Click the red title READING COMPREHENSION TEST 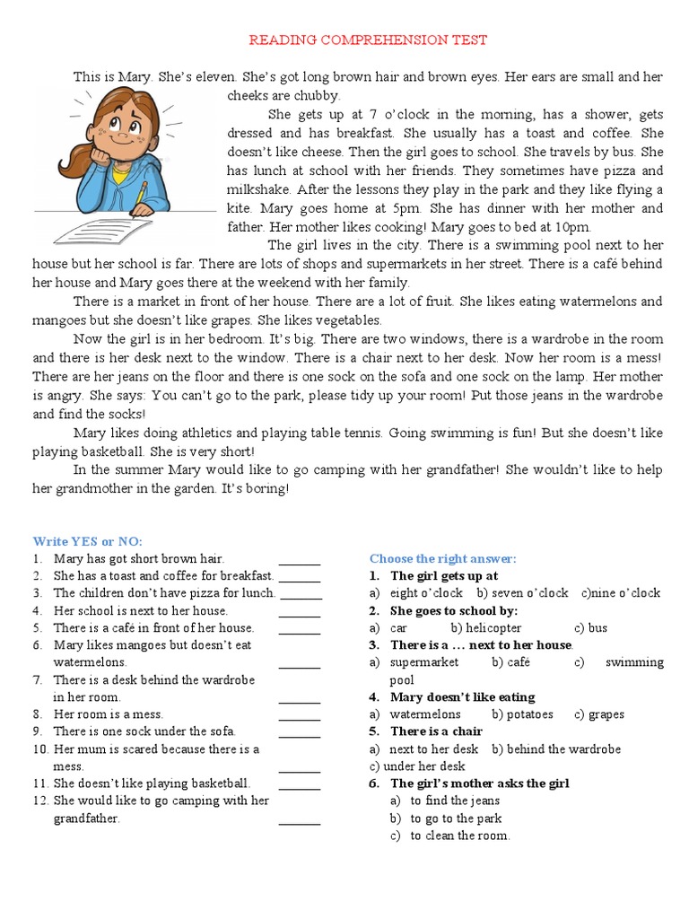pos(368,39)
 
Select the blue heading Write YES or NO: pos(88,540)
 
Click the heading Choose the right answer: pos(443,558)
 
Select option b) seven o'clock pos(523,593)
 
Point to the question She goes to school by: pos(454,610)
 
